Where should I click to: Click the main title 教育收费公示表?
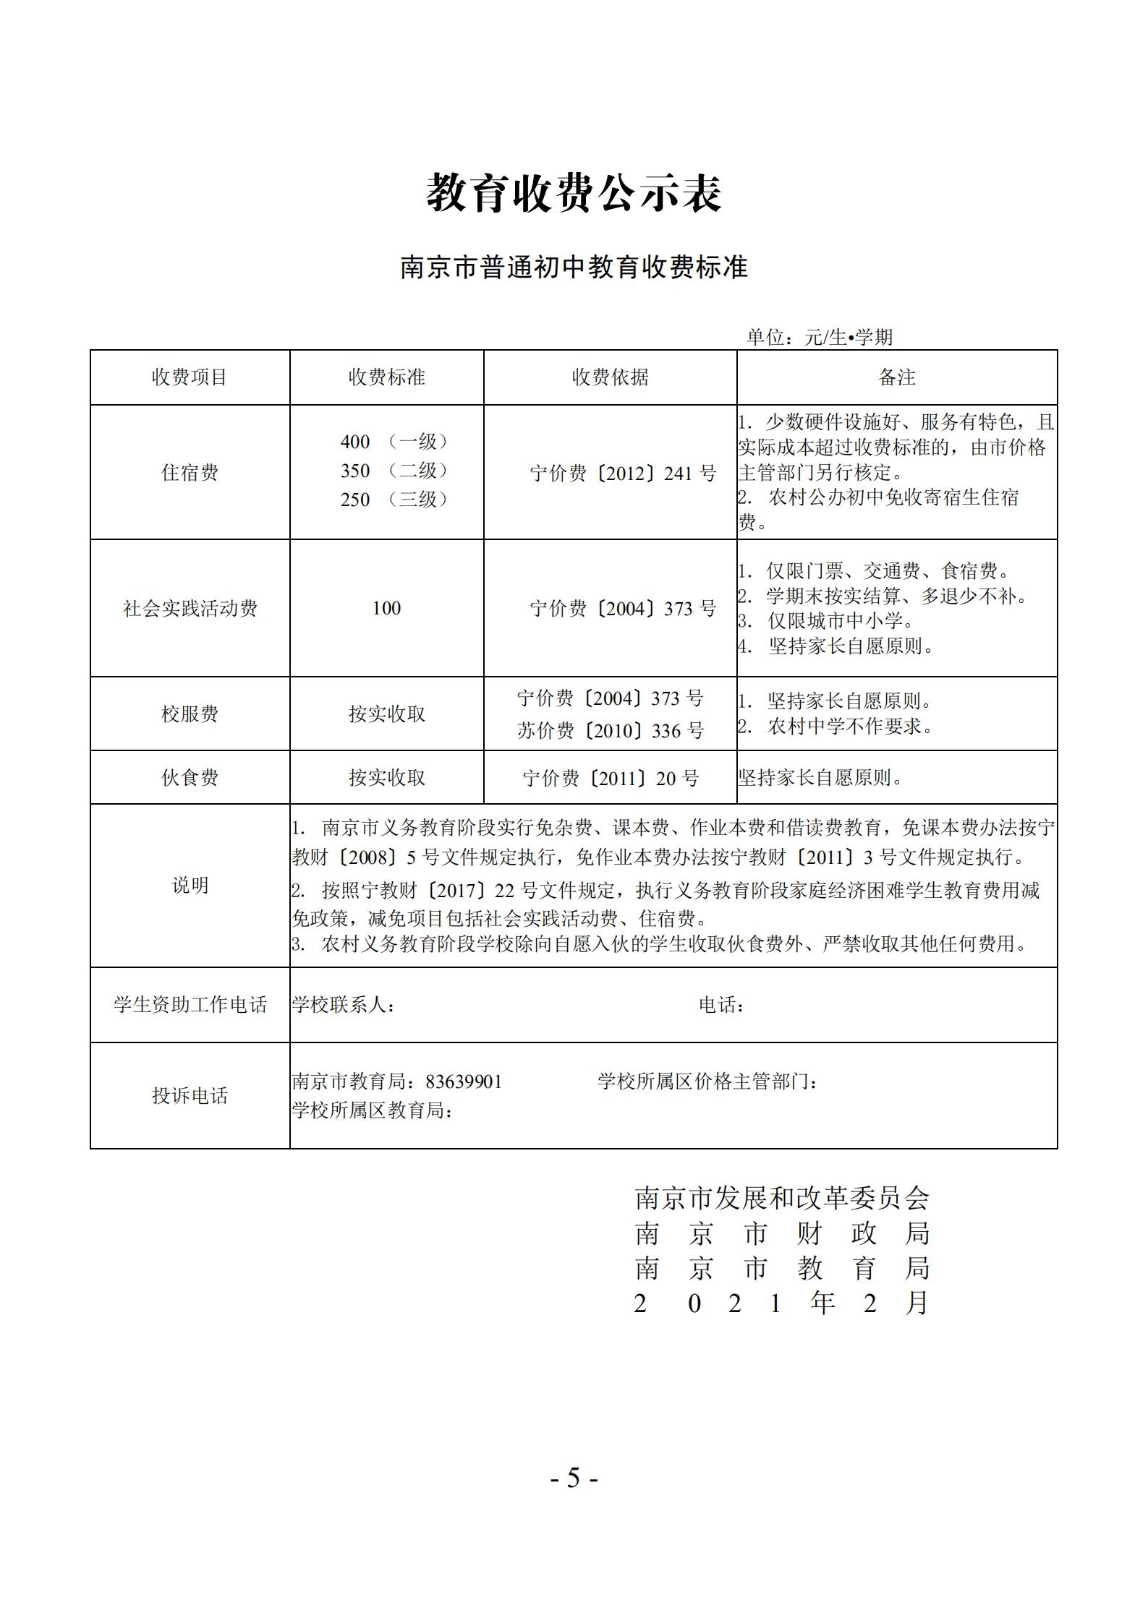(x=574, y=193)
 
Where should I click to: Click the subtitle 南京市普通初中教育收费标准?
(x=574, y=267)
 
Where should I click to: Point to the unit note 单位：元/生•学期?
(x=820, y=337)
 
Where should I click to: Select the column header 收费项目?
(x=190, y=377)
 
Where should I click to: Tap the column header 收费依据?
(x=610, y=377)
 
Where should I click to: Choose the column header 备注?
(x=896, y=377)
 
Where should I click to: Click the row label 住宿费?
(x=190, y=473)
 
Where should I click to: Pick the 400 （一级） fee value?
(x=394, y=442)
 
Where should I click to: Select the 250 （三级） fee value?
(x=394, y=500)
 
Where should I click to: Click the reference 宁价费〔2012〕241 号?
(x=623, y=474)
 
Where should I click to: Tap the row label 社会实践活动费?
(x=190, y=609)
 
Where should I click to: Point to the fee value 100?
(x=386, y=609)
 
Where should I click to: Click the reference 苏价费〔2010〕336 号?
(x=610, y=731)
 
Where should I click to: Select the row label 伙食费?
(x=190, y=778)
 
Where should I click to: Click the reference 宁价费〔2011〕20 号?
(x=610, y=779)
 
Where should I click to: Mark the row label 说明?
(x=190, y=886)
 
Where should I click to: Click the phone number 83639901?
(x=464, y=1082)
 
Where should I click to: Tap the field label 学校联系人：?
(x=344, y=1005)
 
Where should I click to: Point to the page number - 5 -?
(x=574, y=1478)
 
